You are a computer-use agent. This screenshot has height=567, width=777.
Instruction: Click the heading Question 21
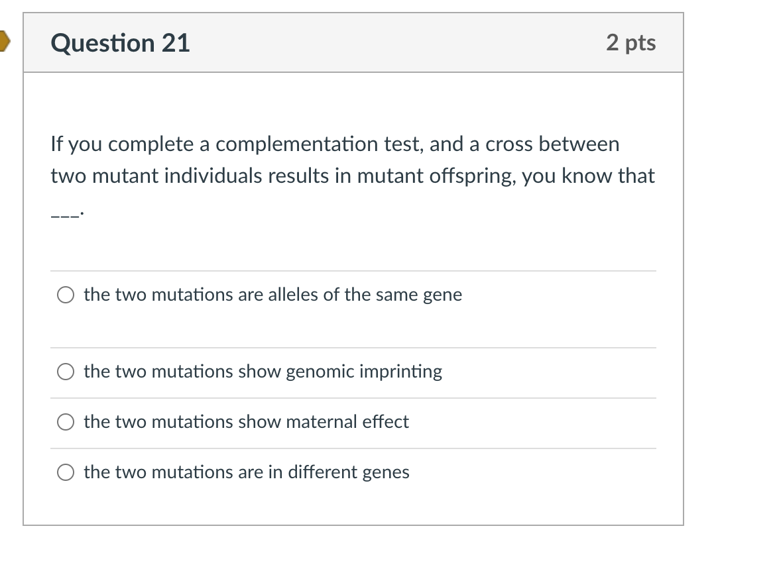pos(120,43)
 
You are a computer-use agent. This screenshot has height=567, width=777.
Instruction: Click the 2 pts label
pos(630,42)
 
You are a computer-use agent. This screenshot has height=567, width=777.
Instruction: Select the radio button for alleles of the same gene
pos(66,295)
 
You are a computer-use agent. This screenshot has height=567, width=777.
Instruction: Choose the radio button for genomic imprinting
pos(66,372)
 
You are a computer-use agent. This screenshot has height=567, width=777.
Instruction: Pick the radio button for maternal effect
pos(66,423)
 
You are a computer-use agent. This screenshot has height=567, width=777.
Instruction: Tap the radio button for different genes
pos(66,473)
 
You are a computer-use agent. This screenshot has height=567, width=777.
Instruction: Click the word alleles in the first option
pos(293,295)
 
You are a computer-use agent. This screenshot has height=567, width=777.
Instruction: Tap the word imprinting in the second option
pos(400,372)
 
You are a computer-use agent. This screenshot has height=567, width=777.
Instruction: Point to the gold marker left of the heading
pos(4,42)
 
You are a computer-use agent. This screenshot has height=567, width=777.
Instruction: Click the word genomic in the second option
pos(320,372)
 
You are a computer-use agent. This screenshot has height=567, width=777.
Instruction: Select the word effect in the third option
pos(385,422)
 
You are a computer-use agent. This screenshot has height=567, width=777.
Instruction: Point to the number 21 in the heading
pos(175,43)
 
